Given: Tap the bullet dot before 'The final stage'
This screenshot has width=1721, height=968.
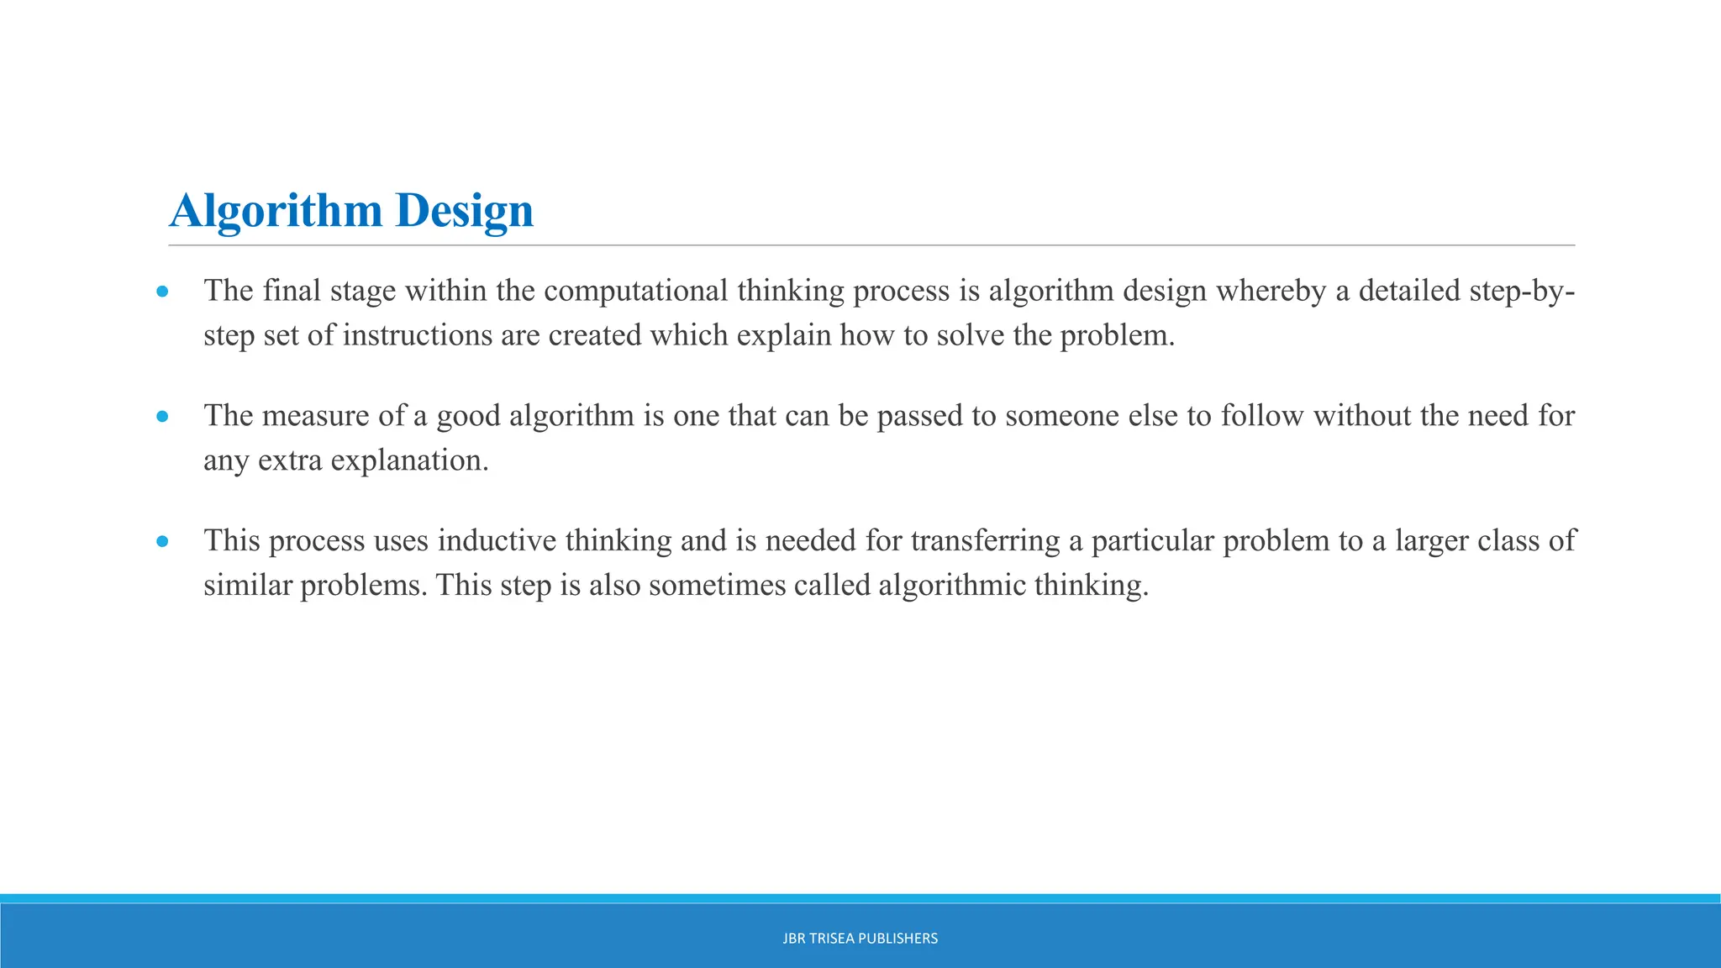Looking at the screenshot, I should pos(163,292).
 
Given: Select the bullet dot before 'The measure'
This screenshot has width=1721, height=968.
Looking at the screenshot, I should pos(163,417).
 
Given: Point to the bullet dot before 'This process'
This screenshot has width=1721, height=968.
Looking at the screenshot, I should pos(163,542).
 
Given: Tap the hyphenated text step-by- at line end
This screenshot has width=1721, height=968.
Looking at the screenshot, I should pos(1522,291).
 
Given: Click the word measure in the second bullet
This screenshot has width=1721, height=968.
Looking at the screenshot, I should pos(315,416).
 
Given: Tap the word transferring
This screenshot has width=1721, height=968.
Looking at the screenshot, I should pos(986,540).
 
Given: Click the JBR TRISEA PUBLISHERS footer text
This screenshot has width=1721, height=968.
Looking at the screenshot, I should pos(860,939).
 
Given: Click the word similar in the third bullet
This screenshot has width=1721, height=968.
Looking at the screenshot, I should pos(247,585).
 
